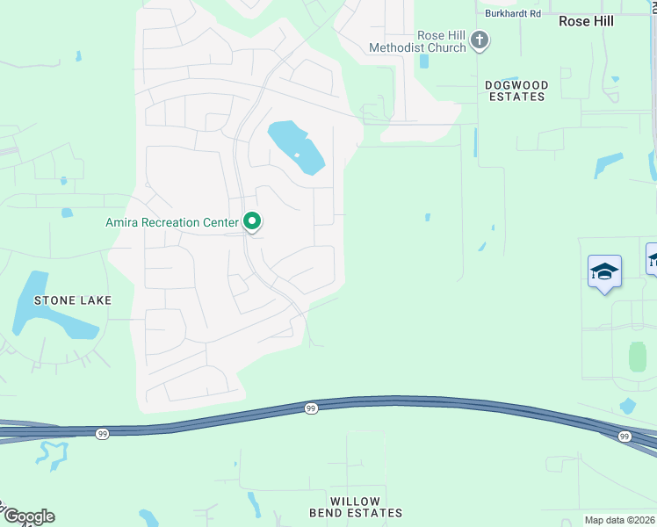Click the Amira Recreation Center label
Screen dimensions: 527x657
pos(172,223)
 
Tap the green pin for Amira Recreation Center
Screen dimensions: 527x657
pos(252,222)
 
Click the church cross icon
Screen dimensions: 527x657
pos(480,39)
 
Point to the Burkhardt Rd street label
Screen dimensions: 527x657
pos(513,14)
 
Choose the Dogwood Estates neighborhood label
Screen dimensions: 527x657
pos(516,90)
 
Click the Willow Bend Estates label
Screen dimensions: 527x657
pos(355,507)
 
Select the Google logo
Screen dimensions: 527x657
pos(28,516)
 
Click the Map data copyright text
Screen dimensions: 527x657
pos(620,520)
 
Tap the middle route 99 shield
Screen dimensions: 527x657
pos(312,408)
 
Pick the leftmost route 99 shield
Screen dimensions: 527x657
pos(103,435)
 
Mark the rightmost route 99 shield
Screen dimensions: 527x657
pos(624,437)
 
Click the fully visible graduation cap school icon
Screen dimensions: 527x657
pos(604,271)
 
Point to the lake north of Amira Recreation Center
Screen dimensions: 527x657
pos(296,147)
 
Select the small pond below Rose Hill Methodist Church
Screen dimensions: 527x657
pos(424,61)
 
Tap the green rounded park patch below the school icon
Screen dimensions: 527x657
pos(638,357)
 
